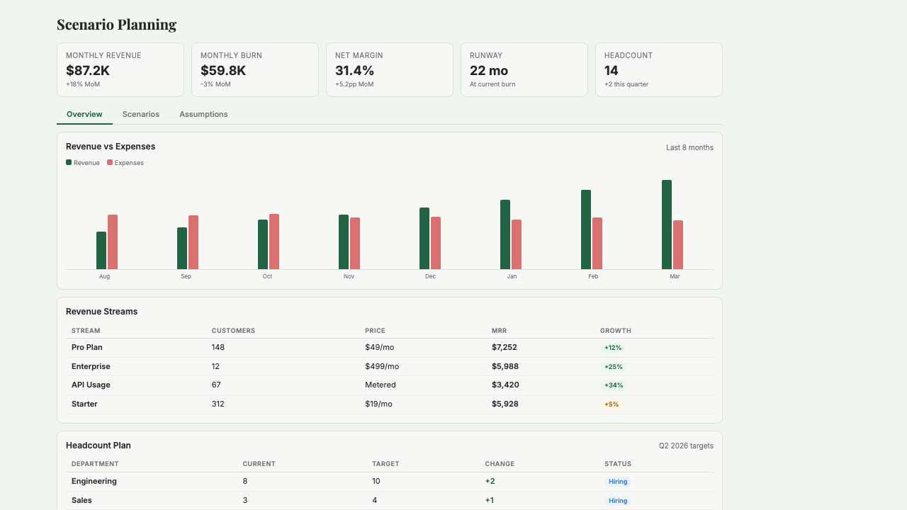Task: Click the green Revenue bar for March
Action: point(667,225)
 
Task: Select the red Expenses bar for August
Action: point(113,242)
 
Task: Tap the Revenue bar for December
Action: point(424,238)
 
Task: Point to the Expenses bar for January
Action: point(517,244)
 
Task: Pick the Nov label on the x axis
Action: point(349,276)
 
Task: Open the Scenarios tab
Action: point(141,114)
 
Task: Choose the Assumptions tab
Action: point(203,114)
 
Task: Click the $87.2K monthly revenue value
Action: point(88,71)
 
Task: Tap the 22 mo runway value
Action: point(489,71)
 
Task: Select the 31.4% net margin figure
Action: point(354,71)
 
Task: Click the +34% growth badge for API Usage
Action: point(614,385)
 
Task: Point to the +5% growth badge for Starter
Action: point(612,404)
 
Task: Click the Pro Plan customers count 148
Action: point(218,347)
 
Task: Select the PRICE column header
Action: point(375,331)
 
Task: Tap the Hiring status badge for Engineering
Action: point(618,482)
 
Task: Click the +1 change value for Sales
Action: point(490,500)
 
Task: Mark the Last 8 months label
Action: point(689,147)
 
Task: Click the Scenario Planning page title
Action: point(116,25)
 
